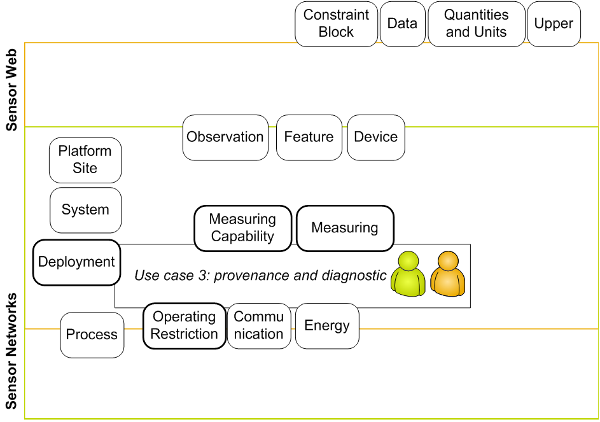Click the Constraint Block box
coord(336,24)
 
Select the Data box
coord(402,24)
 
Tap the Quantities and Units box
coord(476,24)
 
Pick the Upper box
coord(554,24)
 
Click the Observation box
coord(225,137)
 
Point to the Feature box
coord(309,137)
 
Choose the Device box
coord(375,137)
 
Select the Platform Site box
coord(85,160)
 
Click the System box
coord(85,209)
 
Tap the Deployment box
coord(76,262)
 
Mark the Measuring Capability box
coord(242,228)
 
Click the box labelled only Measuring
coord(345,228)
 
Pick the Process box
coord(92,334)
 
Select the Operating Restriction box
coord(184,325)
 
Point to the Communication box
coord(258,325)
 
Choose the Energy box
coord(327,325)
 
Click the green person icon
coord(408,274)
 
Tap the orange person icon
coord(448,274)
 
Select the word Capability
coord(242,236)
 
